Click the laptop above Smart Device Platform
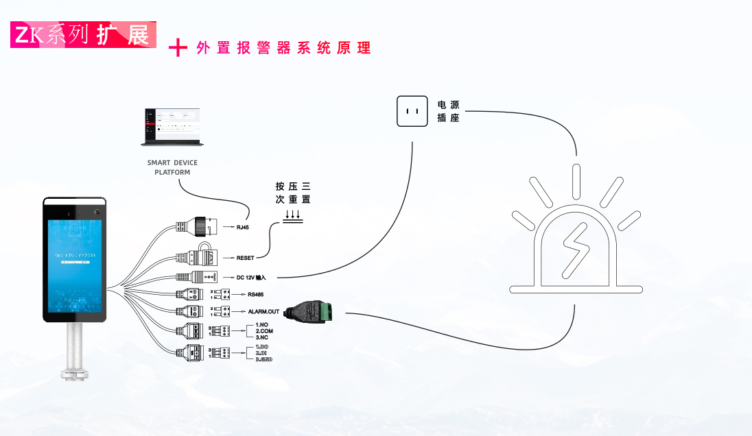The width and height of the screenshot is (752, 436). (172, 127)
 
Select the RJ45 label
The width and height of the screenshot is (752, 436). (242, 227)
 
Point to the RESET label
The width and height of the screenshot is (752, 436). (245, 258)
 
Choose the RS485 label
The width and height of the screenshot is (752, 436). (256, 295)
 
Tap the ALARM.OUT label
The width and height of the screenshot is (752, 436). (263, 311)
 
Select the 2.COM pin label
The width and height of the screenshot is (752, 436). (265, 330)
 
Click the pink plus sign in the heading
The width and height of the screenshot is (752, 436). (178, 47)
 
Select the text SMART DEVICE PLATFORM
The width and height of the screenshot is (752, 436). (172, 167)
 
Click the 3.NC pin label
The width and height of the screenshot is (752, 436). (261, 337)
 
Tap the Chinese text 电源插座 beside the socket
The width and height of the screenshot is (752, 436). (449, 111)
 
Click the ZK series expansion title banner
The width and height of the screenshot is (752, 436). (83, 35)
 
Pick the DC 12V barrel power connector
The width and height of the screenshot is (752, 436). (199, 278)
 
